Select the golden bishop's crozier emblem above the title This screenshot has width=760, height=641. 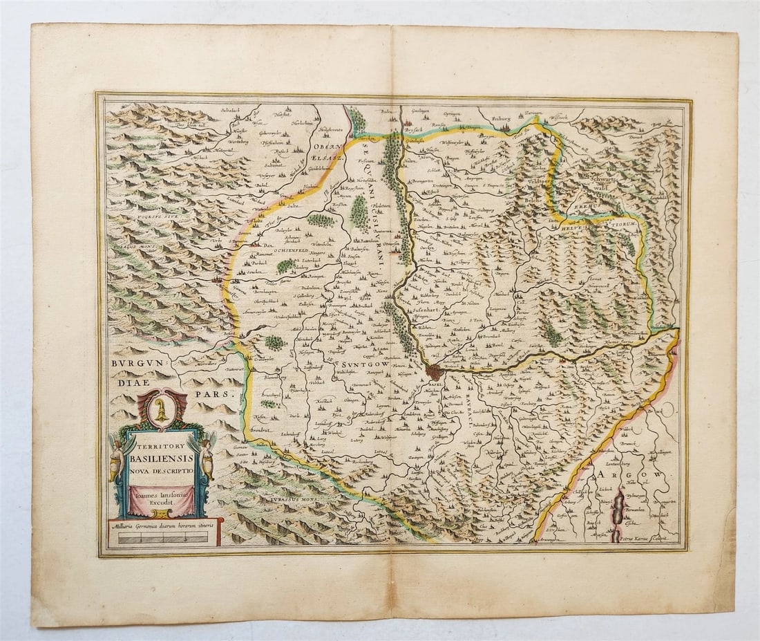tap(162, 408)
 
